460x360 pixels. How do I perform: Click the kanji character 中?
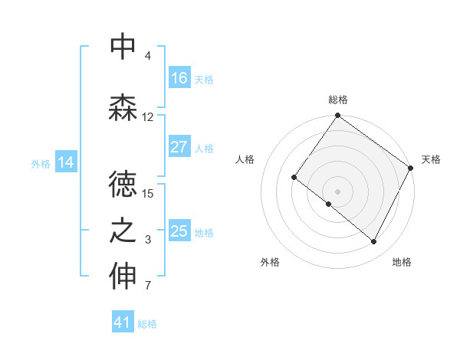tap(123, 47)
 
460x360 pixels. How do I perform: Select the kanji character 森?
tap(123, 108)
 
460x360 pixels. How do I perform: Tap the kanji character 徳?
tap(123, 185)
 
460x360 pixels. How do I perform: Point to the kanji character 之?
tap(123, 231)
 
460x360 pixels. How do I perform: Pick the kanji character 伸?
tap(123, 277)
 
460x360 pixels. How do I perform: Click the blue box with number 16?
tap(179, 78)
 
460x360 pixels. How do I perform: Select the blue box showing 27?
tap(179, 148)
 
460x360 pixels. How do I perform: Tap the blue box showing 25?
tap(179, 231)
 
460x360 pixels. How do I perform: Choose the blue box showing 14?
tap(66, 162)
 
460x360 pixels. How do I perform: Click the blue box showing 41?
tap(123, 323)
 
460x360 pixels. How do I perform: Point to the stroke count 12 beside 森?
tap(148, 117)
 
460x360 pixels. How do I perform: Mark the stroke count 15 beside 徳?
tap(148, 193)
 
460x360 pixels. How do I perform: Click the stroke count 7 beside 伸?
tap(148, 286)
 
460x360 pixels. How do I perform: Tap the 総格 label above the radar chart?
tap(337, 100)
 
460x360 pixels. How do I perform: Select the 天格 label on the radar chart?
tap(431, 159)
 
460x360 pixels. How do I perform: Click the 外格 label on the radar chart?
tap(270, 262)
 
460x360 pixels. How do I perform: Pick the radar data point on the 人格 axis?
tap(294, 177)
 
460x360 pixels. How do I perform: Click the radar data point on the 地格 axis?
tap(374, 242)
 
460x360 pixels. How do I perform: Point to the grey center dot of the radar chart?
tap(337, 191)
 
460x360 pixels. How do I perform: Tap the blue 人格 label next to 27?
tap(204, 149)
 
